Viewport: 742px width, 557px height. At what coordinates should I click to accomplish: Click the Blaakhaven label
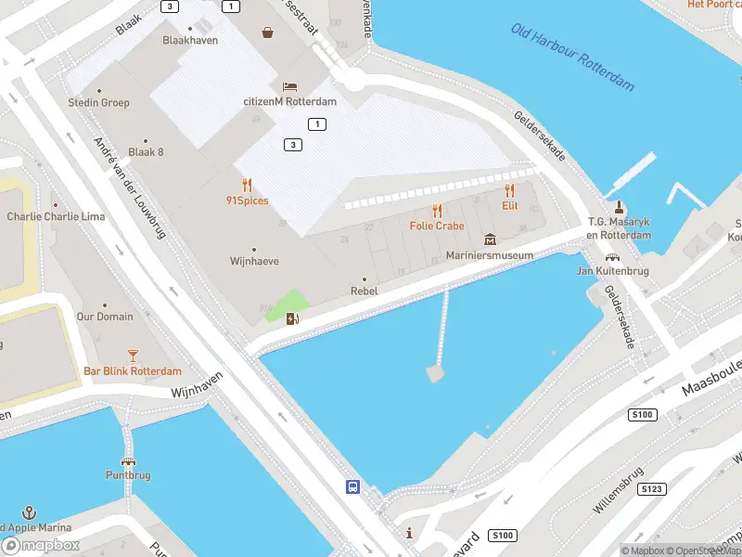coord(190,40)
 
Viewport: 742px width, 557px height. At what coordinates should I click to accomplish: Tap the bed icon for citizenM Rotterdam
coord(289,86)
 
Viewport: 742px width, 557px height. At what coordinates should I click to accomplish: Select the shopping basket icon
coord(268,32)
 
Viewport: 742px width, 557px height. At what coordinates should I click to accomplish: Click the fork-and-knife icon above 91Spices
coord(247,185)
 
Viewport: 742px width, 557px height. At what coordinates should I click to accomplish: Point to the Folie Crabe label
coord(437,226)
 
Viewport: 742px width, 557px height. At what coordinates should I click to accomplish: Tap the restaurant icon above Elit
coord(509,191)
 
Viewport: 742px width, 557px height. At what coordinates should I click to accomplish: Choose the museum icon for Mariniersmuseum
coord(490,240)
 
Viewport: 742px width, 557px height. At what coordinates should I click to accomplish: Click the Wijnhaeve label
coord(254,262)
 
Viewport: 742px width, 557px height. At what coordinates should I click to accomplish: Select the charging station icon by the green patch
coord(293,319)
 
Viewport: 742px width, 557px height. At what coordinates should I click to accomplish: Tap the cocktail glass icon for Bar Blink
coord(133,356)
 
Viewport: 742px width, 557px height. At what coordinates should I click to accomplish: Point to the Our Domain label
coord(104,317)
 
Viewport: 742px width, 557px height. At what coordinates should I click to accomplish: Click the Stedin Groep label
coord(98,102)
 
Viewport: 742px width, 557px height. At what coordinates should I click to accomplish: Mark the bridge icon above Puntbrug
coord(127,461)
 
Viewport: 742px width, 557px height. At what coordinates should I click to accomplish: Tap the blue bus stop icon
coord(352,486)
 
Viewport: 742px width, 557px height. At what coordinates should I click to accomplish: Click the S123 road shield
coord(652,487)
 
